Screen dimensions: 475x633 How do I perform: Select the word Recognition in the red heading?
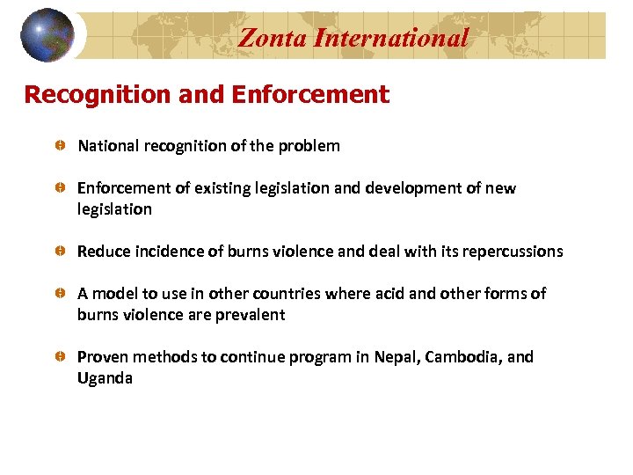(98, 95)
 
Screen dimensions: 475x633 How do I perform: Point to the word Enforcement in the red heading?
(310, 95)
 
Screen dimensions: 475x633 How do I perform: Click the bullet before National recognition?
(58, 146)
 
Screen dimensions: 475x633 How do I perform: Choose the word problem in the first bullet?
(309, 146)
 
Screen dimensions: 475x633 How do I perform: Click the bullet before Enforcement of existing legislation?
(58, 188)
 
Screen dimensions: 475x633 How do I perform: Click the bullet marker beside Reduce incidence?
(58, 252)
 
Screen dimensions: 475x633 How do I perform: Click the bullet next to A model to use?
(58, 294)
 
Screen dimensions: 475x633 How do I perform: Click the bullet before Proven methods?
(58, 357)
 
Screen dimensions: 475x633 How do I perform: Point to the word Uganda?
(105, 379)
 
